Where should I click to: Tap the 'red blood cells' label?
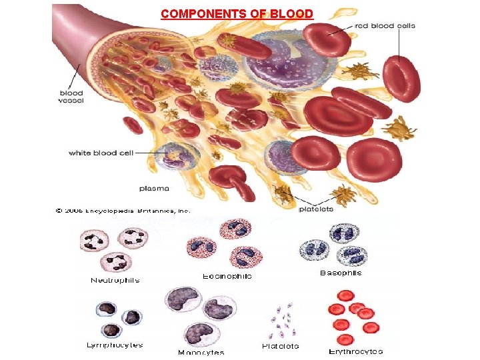pyautogui.click(x=385, y=26)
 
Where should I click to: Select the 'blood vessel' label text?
pyautogui.click(x=71, y=97)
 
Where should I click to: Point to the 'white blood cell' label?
pyautogui.click(x=101, y=153)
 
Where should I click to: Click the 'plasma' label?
pyautogui.click(x=154, y=188)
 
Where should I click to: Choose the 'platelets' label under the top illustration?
pyautogui.click(x=316, y=209)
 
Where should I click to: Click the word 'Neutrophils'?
pyautogui.click(x=115, y=281)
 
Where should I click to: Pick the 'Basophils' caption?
pyautogui.click(x=341, y=273)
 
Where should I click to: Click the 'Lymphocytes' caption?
pyautogui.click(x=114, y=345)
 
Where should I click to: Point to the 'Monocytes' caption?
pyautogui.click(x=201, y=352)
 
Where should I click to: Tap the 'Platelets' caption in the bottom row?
pyautogui.click(x=281, y=346)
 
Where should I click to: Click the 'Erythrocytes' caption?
pyautogui.click(x=355, y=351)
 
